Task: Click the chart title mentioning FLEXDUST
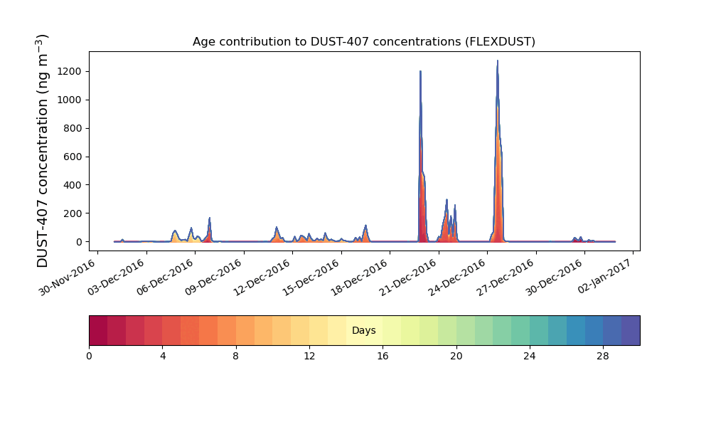coord(363,42)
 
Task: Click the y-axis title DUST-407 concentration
coord(42,151)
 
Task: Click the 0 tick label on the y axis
coord(79,242)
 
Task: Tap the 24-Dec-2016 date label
coord(457,278)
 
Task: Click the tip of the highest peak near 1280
coord(498,60)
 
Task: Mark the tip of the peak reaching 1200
coord(420,71)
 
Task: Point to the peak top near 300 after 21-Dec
coord(447,200)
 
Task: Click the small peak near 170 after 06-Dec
coord(210,218)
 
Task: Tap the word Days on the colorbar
coord(363,330)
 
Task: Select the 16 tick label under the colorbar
coord(383,357)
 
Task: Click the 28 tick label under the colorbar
coord(603,357)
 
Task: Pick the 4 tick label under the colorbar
coord(163,357)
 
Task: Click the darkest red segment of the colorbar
coord(98,330)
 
